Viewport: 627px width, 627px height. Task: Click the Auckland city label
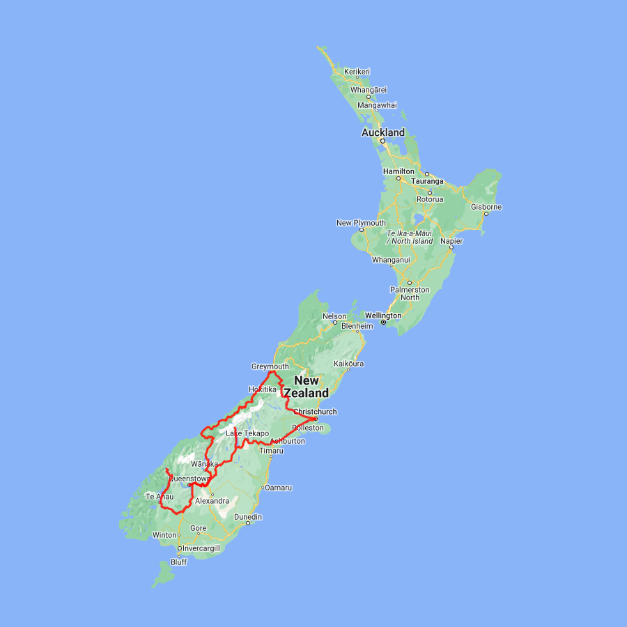(x=382, y=132)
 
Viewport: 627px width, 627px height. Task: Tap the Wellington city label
(x=383, y=316)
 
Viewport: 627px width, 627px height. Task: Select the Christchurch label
(x=315, y=412)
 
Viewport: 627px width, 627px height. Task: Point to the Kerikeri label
(x=357, y=72)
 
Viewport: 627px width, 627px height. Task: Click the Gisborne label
(x=486, y=207)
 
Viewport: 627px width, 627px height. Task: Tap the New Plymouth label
(x=361, y=223)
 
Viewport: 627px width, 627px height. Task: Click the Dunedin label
(x=248, y=517)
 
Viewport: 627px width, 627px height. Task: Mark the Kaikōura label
(x=349, y=364)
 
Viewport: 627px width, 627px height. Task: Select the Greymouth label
(x=270, y=366)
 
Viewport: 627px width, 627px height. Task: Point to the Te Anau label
(x=159, y=497)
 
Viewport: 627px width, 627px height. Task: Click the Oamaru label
(x=278, y=488)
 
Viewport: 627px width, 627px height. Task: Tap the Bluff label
(x=179, y=562)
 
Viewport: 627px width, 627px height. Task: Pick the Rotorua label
(x=430, y=199)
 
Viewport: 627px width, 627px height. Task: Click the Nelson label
(x=334, y=316)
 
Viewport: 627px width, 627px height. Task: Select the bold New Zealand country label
(x=307, y=387)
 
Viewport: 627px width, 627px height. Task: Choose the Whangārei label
(x=369, y=90)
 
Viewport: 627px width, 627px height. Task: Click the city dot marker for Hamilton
(x=398, y=178)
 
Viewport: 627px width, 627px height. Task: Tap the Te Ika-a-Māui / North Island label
(x=410, y=237)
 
